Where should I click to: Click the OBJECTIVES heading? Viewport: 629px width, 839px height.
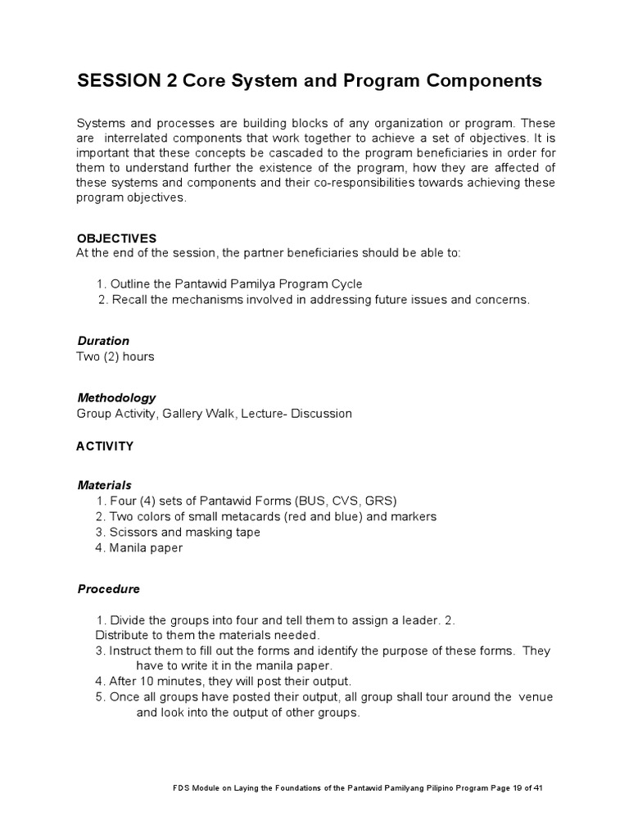115,238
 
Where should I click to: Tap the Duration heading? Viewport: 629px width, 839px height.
103,341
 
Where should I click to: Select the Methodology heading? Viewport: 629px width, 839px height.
116,398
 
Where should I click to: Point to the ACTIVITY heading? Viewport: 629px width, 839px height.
105,447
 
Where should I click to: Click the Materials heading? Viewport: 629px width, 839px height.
104,485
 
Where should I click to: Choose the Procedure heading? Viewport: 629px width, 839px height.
109,589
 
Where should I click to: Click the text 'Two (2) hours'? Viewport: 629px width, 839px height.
115,356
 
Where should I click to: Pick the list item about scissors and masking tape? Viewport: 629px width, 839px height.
185,533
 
